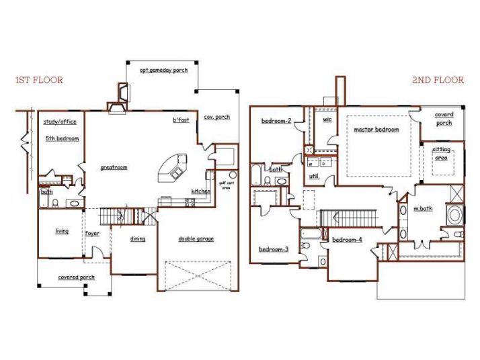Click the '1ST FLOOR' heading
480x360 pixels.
click(x=39, y=80)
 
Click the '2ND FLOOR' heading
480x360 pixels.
click(x=438, y=80)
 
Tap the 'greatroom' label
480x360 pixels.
click(x=114, y=167)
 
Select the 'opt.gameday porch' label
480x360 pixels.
click(x=163, y=70)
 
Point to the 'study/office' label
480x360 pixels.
click(x=60, y=122)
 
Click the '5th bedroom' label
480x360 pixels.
click(x=62, y=138)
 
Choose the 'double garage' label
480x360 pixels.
click(x=196, y=238)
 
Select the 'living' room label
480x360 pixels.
click(x=62, y=231)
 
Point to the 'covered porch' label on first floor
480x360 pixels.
click(x=75, y=277)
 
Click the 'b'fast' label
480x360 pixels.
click(x=180, y=120)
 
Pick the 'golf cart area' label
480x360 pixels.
click(x=225, y=183)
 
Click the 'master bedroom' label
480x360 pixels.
click(x=376, y=130)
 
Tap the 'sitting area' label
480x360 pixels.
click(x=441, y=154)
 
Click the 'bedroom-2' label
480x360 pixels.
click(x=276, y=121)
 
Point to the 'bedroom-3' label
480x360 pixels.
click(x=274, y=249)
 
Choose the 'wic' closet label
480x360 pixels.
click(x=327, y=120)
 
